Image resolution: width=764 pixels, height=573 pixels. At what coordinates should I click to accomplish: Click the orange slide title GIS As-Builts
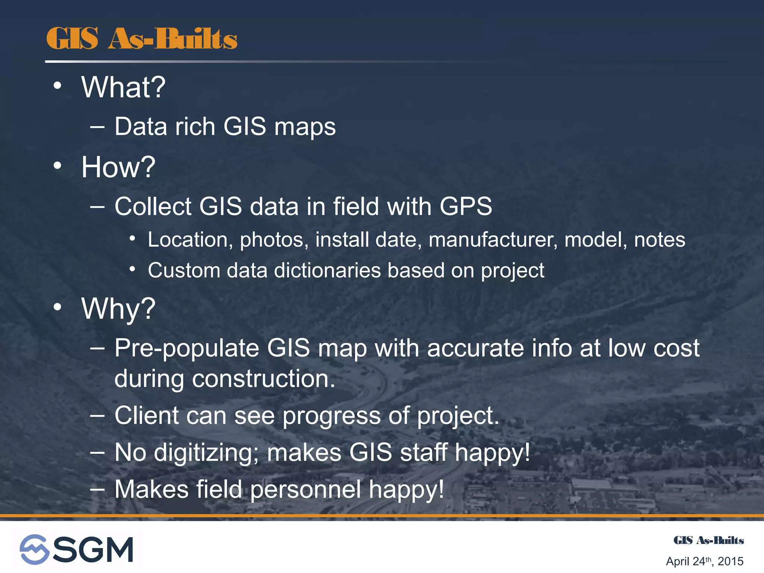click(x=142, y=39)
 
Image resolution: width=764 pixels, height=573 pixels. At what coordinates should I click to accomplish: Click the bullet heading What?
click(x=123, y=88)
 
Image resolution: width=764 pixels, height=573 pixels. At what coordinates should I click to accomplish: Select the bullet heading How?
click(x=118, y=167)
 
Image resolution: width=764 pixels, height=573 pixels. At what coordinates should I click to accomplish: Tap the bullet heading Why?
click(x=118, y=309)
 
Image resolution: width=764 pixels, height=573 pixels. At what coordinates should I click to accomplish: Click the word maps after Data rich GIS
click(x=305, y=127)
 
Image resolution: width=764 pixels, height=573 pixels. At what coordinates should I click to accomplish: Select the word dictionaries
click(x=327, y=270)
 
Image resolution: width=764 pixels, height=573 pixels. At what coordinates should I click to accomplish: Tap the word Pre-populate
click(x=187, y=349)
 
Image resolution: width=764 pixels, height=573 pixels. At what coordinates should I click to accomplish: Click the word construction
click(x=263, y=379)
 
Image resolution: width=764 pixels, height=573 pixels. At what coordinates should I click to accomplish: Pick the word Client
click(x=147, y=416)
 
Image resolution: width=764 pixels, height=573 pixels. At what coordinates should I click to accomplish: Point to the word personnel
click(x=306, y=489)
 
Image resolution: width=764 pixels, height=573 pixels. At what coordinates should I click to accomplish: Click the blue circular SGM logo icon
click(x=34, y=549)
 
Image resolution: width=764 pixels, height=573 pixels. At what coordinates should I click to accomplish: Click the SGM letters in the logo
click(x=93, y=549)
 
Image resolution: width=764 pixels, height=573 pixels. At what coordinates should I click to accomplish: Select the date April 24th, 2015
click(x=704, y=561)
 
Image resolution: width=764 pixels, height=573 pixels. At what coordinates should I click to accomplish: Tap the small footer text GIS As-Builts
click(x=708, y=541)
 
